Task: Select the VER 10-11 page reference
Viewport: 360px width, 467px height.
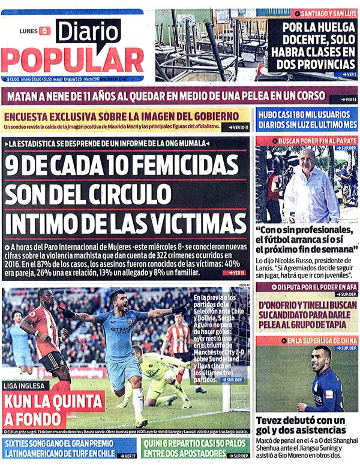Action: (237, 128)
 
